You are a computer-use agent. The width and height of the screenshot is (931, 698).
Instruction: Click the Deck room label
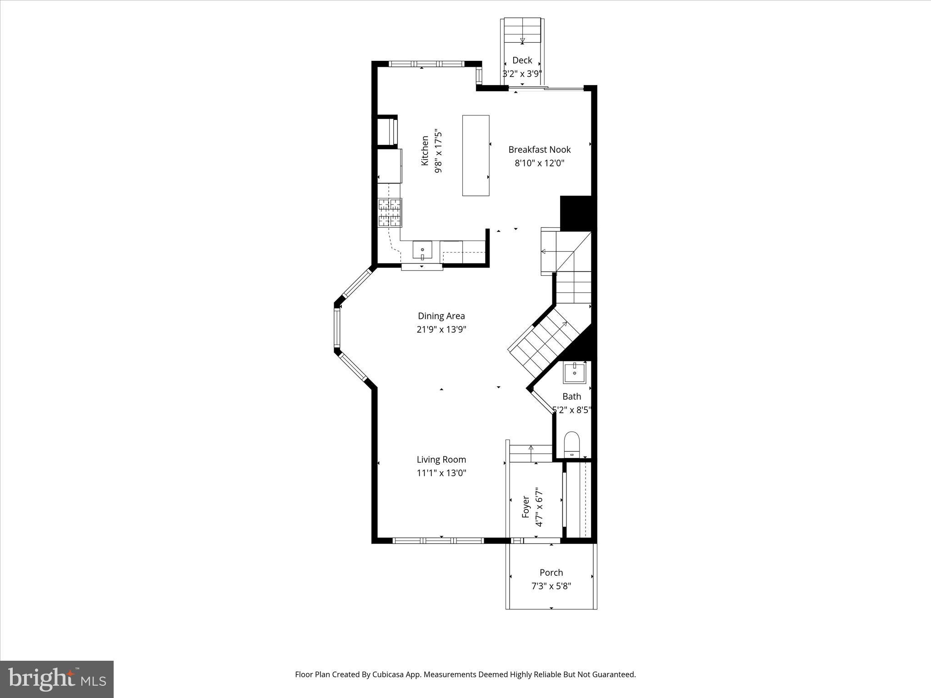point(522,60)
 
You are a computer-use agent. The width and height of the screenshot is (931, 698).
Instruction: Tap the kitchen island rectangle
point(476,155)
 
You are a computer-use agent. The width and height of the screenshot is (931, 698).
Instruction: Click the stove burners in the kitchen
point(390,213)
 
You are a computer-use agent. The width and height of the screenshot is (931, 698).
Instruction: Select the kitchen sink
point(422,250)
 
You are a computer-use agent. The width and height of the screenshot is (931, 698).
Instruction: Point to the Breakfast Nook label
point(539,150)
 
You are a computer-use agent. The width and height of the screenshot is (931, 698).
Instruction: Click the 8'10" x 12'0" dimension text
point(539,163)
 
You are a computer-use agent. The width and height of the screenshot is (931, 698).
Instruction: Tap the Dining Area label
point(441,316)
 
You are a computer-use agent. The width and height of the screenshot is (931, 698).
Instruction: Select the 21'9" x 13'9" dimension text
point(441,329)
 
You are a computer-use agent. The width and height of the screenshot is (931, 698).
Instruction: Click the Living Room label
point(441,459)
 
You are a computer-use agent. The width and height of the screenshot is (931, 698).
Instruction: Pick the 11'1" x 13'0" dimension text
point(441,473)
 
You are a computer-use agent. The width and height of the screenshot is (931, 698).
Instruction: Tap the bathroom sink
point(575,373)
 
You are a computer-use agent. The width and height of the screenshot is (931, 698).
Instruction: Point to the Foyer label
point(526,507)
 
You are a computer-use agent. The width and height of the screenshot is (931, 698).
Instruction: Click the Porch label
point(551,573)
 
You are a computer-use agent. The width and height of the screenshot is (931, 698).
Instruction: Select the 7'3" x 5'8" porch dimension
point(551,586)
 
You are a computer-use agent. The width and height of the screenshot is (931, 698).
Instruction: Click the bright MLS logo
point(57,679)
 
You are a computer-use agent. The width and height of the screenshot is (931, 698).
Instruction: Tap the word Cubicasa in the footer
point(388,674)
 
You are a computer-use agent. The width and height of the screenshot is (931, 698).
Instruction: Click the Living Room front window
point(438,541)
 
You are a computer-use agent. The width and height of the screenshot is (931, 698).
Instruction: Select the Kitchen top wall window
point(426,64)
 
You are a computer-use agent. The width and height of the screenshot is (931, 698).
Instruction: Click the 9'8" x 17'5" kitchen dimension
point(438,151)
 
